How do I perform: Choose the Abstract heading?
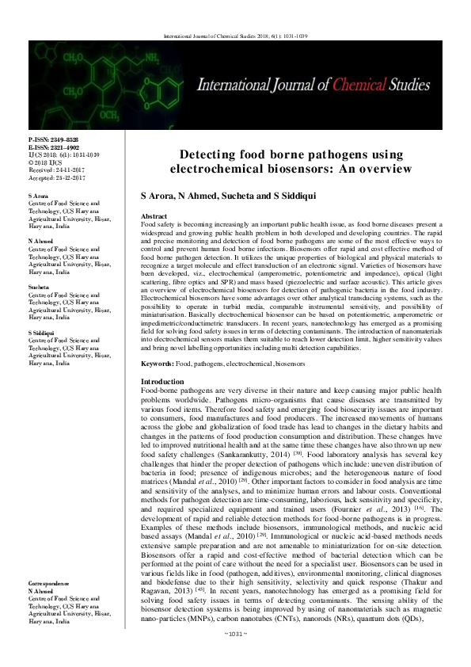pyautogui.click(x=153, y=216)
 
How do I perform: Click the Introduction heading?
pyautogui.click(x=161, y=383)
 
